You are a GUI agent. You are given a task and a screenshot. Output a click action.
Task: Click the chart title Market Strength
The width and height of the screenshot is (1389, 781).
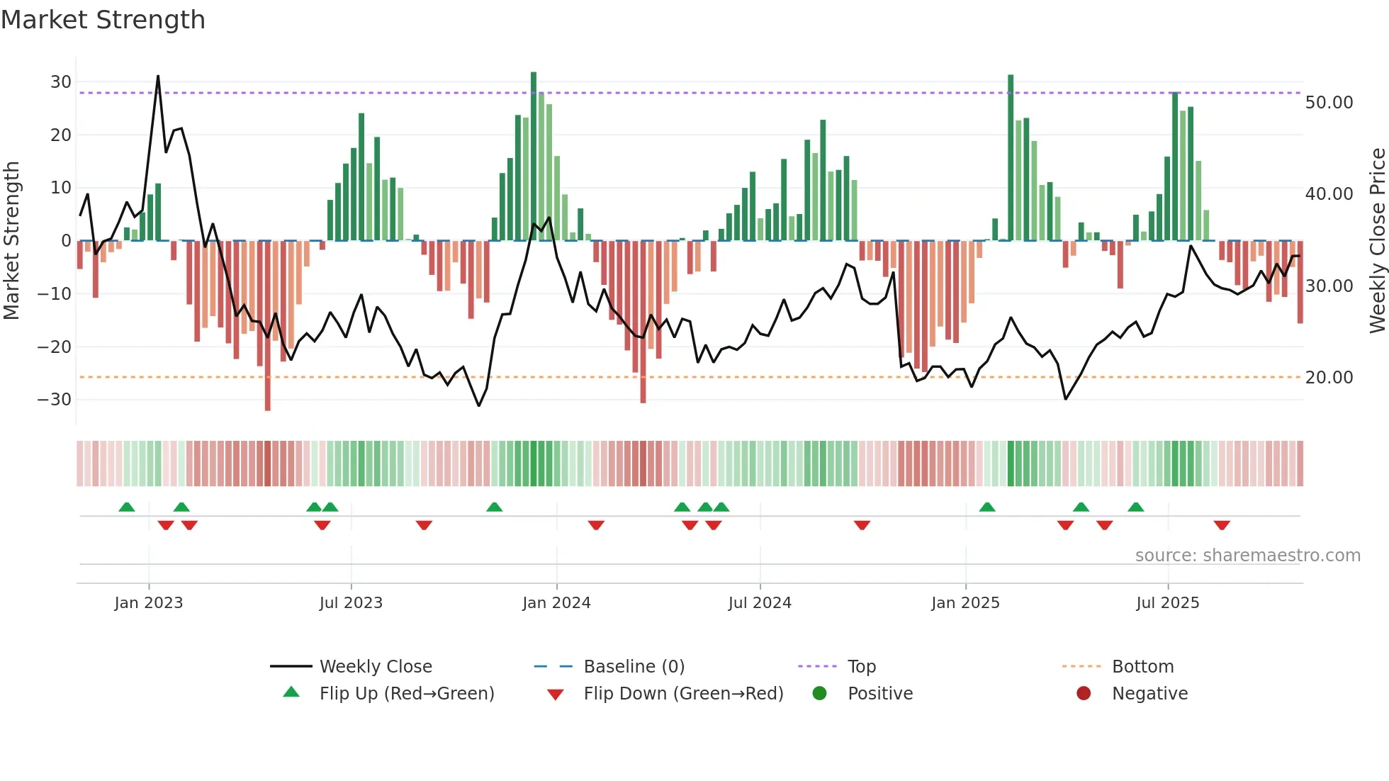(103, 20)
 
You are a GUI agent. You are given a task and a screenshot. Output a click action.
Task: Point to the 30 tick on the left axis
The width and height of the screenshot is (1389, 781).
(60, 82)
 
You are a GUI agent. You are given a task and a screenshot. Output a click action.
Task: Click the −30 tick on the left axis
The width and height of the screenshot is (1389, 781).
(55, 400)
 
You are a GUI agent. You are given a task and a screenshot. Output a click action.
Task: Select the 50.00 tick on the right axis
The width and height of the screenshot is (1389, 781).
(1329, 103)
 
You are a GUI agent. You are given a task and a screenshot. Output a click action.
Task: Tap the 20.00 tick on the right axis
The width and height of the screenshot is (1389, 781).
(1329, 378)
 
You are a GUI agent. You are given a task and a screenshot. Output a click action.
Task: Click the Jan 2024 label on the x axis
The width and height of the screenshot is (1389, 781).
(556, 603)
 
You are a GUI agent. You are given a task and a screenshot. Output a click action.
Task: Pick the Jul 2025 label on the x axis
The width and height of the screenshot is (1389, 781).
(1167, 603)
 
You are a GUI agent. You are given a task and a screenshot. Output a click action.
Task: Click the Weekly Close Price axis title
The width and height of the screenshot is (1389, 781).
(1377, 241)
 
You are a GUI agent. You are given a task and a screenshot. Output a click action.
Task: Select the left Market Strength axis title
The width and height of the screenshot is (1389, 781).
(11, 241)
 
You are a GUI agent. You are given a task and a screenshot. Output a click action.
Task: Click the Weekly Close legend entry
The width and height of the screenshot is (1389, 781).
(375, 667)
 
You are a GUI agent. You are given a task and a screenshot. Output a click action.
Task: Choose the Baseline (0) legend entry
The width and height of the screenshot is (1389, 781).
(634, 667)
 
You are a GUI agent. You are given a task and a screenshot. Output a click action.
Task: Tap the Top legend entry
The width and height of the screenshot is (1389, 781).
(861, 667)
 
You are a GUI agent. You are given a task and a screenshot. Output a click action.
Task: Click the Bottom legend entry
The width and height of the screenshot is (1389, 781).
(1142, 667)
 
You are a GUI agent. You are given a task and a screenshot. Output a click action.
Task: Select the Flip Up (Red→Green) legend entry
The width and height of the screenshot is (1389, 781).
(406, 694)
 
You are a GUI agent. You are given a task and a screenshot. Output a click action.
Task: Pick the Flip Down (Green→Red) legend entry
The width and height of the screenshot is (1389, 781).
(683, 694)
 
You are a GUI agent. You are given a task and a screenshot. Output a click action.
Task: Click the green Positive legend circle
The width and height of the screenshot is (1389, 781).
(819, 694)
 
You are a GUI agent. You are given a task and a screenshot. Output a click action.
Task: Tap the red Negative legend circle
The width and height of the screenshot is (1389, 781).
(1084, 694)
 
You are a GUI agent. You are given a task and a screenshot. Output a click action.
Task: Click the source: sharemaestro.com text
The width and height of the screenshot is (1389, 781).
(1247, 556)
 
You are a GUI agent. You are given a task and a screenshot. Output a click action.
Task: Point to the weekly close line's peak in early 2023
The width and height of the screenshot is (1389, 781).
(158, 76)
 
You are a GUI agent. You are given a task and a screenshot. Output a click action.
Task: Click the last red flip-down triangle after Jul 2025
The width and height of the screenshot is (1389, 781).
(1222, 525)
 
